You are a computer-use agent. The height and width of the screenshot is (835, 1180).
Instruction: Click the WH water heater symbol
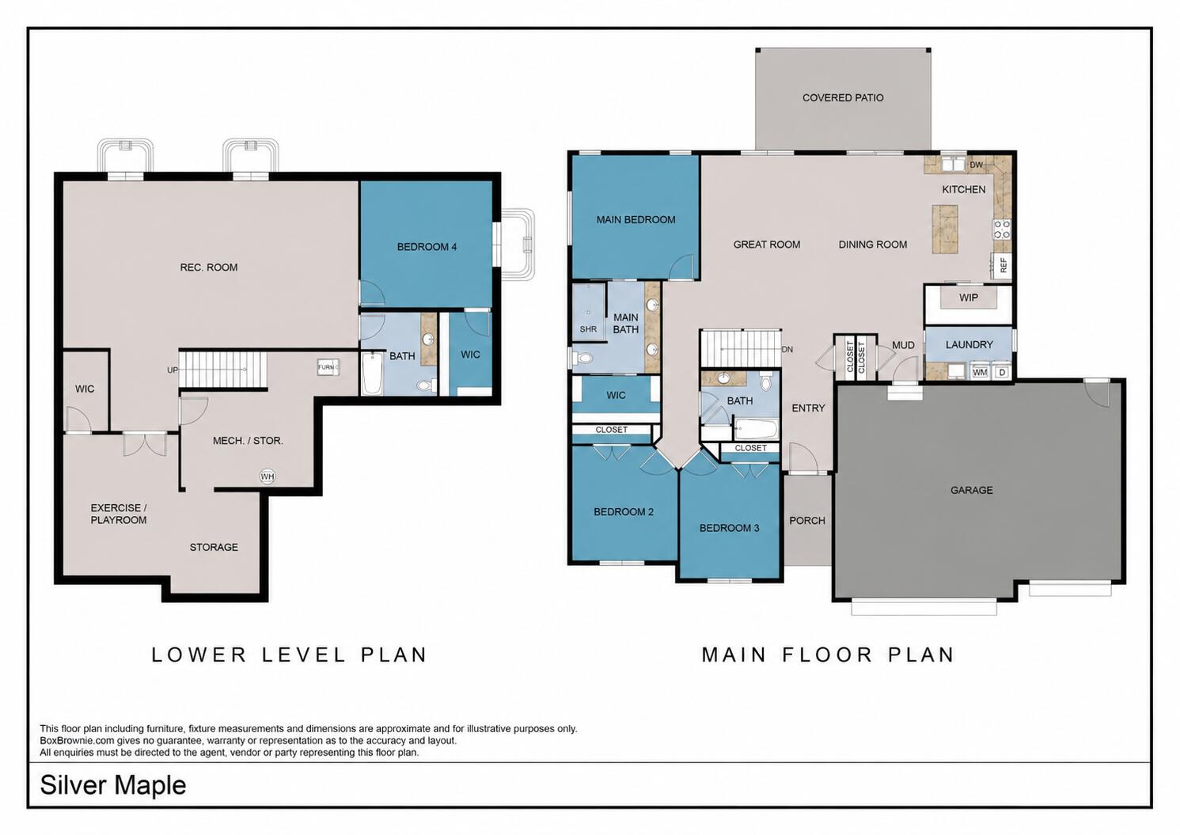click(x=267, y=476)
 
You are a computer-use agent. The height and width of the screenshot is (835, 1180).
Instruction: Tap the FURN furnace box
click(x=328, y=367)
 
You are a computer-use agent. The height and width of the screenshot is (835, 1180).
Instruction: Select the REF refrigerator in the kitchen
click(x=1001, y=265)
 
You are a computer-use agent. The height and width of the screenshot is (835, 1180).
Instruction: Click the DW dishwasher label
click(x=976, y=165)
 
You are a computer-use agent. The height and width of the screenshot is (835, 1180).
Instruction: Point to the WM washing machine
click(x=979, y=371)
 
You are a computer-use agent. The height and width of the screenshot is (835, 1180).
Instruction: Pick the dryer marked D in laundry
click(x=1001, y=371)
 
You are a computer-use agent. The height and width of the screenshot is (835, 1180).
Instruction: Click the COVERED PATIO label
click(x=843, y=98)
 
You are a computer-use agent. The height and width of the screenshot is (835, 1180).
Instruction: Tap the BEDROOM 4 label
click(x=427, y=247)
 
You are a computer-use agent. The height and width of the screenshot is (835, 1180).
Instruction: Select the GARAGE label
click(x=971, y=491)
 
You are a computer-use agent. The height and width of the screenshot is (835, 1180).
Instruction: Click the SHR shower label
click(x=589, y=329)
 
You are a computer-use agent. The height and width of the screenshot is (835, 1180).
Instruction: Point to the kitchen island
click(x=945, y=230)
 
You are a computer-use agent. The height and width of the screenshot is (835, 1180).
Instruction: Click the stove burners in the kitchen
click(x=1002, y=230)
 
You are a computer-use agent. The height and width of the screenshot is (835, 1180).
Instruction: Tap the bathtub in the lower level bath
click(x=372, y=374)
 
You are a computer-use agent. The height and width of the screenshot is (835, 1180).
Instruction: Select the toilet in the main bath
click(x=581, y=359)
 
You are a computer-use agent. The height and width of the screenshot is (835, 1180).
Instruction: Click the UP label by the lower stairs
click(x=173, y=370)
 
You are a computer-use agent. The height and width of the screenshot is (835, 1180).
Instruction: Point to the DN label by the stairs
click(x=787, y=349)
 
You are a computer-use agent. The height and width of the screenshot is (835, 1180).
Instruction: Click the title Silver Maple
click(x=112, y=785)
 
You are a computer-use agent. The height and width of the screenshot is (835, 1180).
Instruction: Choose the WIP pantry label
click(x=968, y=298)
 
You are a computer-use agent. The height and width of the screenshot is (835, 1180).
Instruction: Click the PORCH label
click(x=807, y=521)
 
